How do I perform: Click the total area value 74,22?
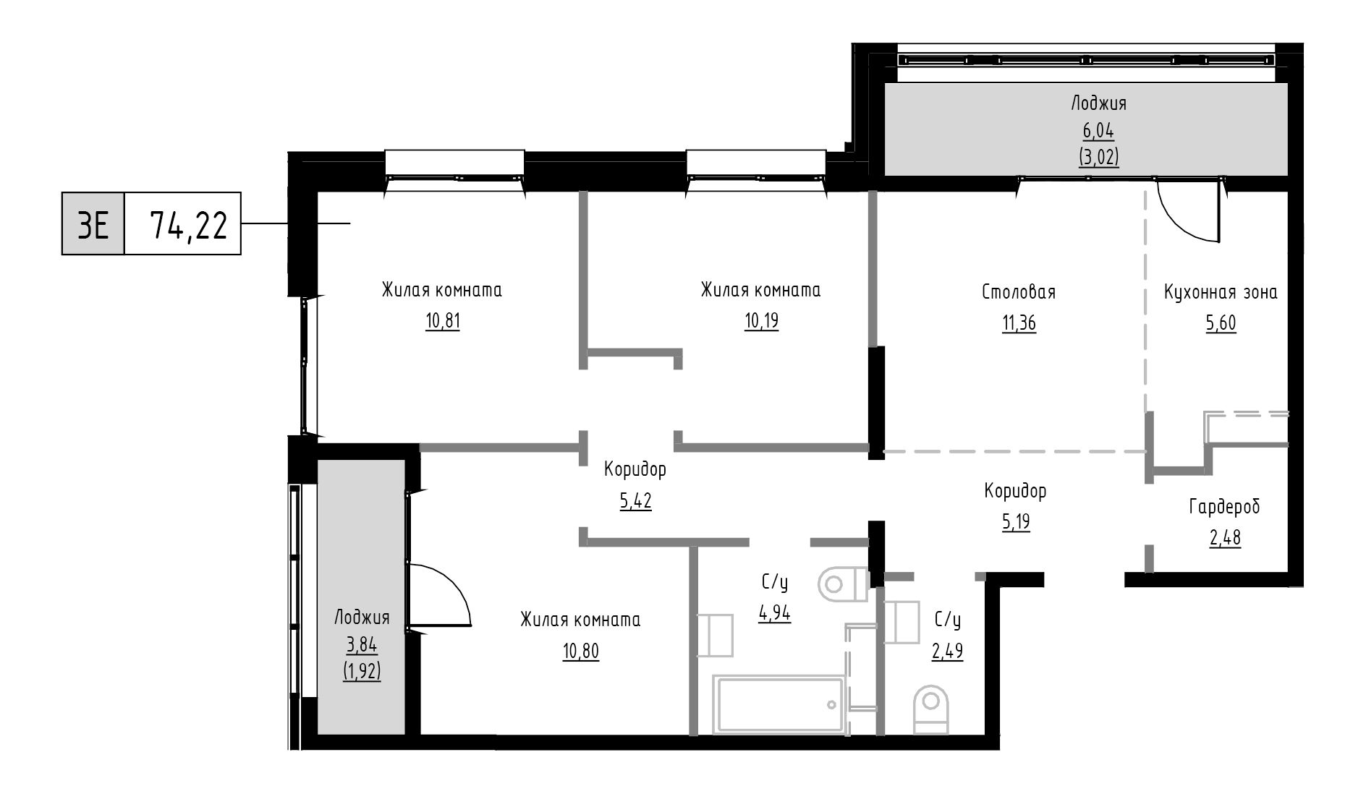click(x=188, y=225)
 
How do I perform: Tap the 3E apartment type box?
click(x=93, y=224)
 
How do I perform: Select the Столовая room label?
click(x=1019, y=292)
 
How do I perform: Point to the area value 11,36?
click(x=1019, y=323)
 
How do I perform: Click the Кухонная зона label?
click(x=1221, y=292)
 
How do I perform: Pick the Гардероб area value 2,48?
click(x=1225, y=539)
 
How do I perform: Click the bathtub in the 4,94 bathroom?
click(x=780, y=704)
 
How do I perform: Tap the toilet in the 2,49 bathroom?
click(x=931, y=710)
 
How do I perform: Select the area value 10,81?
click(x=443, y=321)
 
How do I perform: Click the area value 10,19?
click(x=761, y=321)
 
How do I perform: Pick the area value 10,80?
click(x=581, y=652)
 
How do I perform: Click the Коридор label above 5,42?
click(x=635, y=470)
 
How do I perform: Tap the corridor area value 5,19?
click(x=1016, y=522)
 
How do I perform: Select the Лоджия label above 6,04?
click(x=1098, y=103)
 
